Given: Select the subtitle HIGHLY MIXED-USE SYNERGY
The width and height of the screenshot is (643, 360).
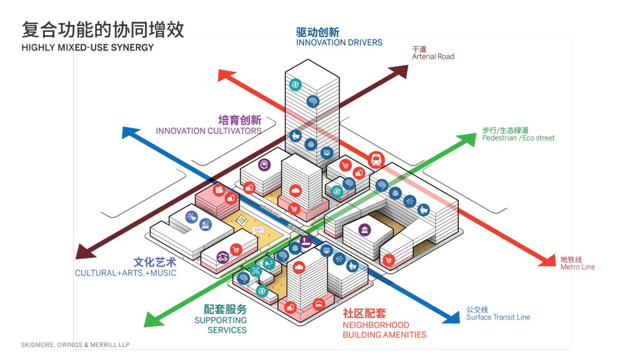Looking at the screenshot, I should (x=88, y=47).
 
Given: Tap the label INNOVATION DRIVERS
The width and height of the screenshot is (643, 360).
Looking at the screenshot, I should (x=339, y=43).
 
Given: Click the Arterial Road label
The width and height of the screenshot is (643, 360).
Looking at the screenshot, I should (x=433, y=57).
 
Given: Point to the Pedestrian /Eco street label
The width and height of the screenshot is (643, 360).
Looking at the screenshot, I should (x=518, y=138).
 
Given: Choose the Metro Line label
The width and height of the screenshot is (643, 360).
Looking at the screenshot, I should (x=577, y=267).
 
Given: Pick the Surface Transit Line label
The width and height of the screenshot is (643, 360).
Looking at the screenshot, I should (x=498, y=317).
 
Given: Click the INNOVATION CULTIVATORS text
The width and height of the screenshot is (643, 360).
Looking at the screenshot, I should (x=208, y=131).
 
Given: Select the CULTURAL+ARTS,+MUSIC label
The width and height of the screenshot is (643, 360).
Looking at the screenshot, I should (x=125, y=273).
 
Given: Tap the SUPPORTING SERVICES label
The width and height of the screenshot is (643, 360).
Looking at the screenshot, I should (x=220, y=325).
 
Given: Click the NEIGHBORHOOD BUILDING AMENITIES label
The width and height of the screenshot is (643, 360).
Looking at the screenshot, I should (x=384, y=330).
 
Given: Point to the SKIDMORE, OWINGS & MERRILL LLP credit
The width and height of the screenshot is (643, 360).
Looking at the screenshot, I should (x=75, y=345).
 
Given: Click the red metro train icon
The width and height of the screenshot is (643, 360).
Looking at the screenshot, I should (x=376, y=159).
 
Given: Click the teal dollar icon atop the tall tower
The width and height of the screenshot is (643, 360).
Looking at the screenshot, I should (x=295, y=85).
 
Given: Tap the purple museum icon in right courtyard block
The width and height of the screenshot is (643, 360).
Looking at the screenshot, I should (x=365, y=230).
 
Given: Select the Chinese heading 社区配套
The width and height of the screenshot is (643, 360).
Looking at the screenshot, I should (x=364, y=313).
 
